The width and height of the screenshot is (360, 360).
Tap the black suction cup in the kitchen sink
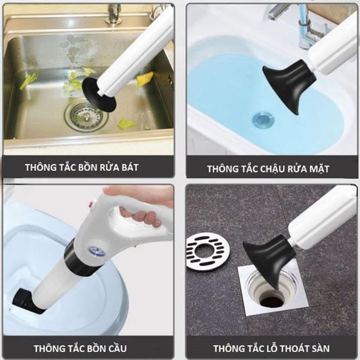point(99,94)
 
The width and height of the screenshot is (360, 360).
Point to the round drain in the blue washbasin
point(263,119)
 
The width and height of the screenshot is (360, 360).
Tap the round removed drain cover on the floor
point(207,251)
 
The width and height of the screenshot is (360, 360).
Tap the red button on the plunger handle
point(91,204)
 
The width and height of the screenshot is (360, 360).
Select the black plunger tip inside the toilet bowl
point(25,301)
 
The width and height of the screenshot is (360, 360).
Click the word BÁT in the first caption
point(127,167)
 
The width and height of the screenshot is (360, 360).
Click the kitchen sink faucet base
point(113,16)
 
